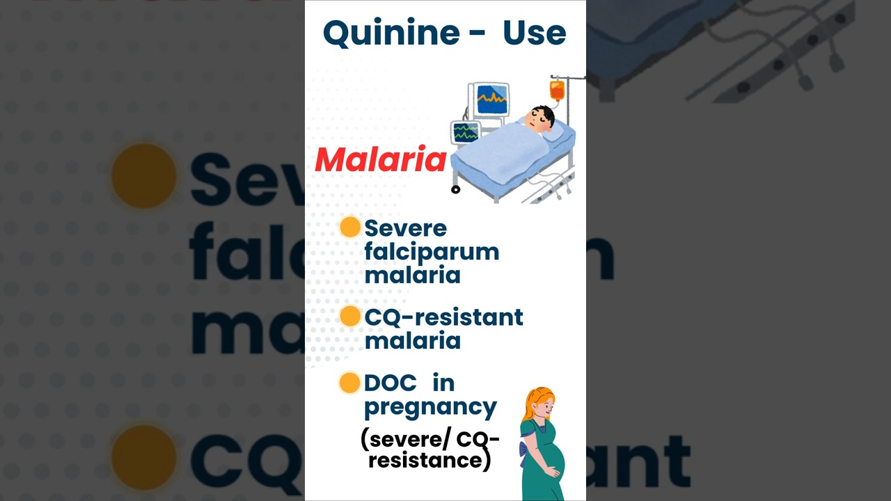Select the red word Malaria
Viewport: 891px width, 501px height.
(380, 160)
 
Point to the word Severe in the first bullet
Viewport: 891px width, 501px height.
(405, 228)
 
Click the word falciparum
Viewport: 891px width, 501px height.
(432, 252)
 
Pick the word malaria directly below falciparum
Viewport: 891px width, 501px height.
(412, 275)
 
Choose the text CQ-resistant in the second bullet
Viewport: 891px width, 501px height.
(443, 317)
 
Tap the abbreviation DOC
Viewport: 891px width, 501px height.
(390, 383)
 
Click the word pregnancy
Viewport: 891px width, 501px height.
(430, 406)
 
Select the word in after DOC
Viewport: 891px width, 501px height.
(443, 383)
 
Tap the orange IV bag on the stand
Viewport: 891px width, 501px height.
(557, 90)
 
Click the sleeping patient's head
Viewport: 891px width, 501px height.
(540, 118)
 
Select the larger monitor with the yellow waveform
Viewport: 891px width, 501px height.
(492, 100)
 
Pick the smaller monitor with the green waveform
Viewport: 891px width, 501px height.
(465, 132)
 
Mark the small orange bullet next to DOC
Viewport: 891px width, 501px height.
(349, 383)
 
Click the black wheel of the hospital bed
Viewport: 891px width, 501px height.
(456, 189)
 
